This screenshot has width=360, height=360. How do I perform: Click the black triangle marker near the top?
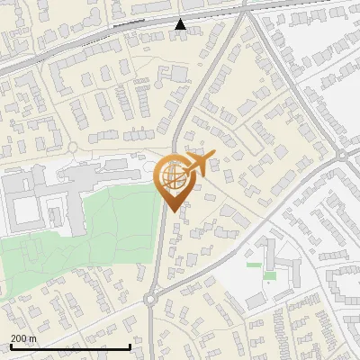click(x=181, y=24)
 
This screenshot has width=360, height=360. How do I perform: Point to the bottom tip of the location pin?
click(x=172, y=211)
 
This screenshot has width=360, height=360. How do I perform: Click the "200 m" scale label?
click(x=23, y=338)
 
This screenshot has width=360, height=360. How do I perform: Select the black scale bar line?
click(x=70, y=346)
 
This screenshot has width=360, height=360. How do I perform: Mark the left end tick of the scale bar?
click(x=11, y=346)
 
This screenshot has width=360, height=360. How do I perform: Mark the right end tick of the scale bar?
click(x=130, y=346)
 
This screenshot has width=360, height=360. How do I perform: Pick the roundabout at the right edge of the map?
click(x=344, y=156)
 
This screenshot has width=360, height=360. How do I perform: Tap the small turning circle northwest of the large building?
click(x=72, y=147)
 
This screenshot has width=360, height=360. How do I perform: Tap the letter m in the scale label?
click(x=32, y=338)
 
